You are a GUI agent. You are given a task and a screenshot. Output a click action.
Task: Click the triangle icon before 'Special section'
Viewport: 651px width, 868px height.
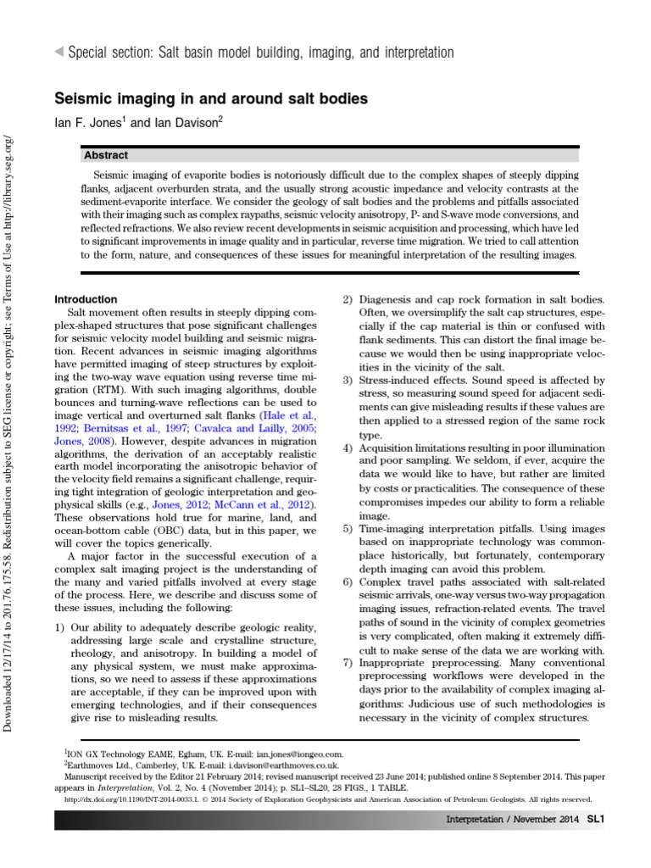[x=58, y=53]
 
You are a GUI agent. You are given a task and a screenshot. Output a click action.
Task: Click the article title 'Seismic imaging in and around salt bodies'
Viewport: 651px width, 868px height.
[x=211, y=99]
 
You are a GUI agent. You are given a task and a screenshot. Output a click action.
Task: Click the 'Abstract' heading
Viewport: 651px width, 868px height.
[x=106, y=155]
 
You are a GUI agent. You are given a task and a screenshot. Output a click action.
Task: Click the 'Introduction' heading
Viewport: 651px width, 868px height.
[x=86, y=299]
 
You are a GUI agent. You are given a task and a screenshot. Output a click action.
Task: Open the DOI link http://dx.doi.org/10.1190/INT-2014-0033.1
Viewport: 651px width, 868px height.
[x=157, y=798]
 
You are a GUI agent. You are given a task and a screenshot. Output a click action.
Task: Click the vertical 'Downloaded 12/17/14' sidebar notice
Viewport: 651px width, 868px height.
[x=10, y=424]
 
